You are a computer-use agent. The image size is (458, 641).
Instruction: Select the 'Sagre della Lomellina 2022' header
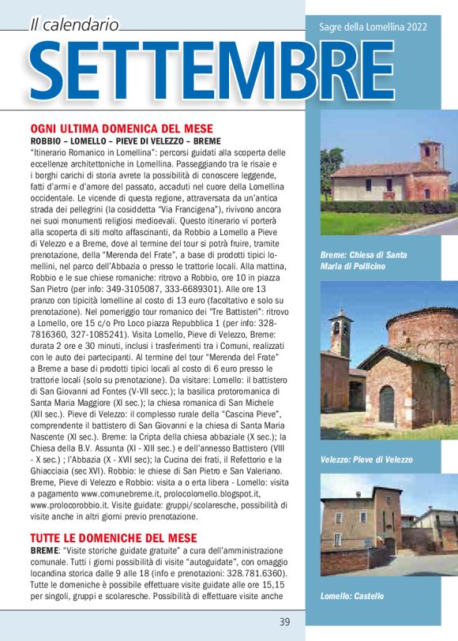(x=373, y=27)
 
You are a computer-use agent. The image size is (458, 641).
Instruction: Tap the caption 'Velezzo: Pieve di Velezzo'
(x=366, y=459)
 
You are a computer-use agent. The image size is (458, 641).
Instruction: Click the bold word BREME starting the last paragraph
(x=46, y=549)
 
